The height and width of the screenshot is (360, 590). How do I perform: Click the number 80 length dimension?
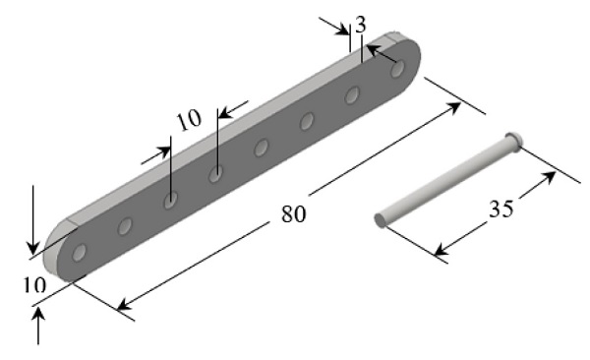(293, 213)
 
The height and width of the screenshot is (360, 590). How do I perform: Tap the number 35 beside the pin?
(501, 209)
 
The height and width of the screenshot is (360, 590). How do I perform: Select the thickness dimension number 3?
(360, 25)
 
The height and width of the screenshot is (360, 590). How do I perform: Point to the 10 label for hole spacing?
(189, 120)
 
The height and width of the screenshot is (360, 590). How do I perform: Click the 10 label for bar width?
(34, 285)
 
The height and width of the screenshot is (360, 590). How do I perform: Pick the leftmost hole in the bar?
(79, 253)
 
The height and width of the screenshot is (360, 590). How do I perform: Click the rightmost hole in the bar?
(397, 69)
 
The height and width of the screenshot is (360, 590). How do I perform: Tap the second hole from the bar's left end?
(125, 226)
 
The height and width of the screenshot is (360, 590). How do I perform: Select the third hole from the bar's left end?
(170, 200)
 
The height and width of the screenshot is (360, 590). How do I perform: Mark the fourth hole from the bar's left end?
(215, 174)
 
